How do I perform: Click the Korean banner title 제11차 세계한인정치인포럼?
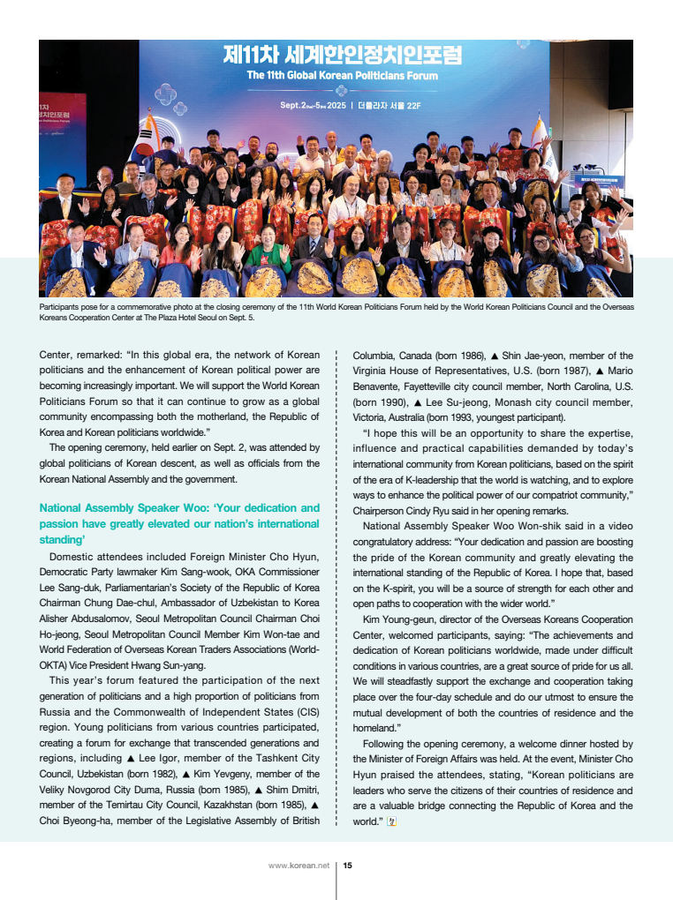pyautogui.click(x=342, y=57)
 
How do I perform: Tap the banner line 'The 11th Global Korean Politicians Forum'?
pyautogui.click(x=342, y=76)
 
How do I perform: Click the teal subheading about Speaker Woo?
pyautogui.click(x=179, y=523)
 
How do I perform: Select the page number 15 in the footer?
pyautogui.click(x=348, y=866)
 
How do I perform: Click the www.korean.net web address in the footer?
pyautogui.click(x=299, y=866)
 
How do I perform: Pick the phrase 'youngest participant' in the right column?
pyautogui.click(x=518, y=417)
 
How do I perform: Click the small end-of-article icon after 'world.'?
pyautogui.click(x=393, y=821)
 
